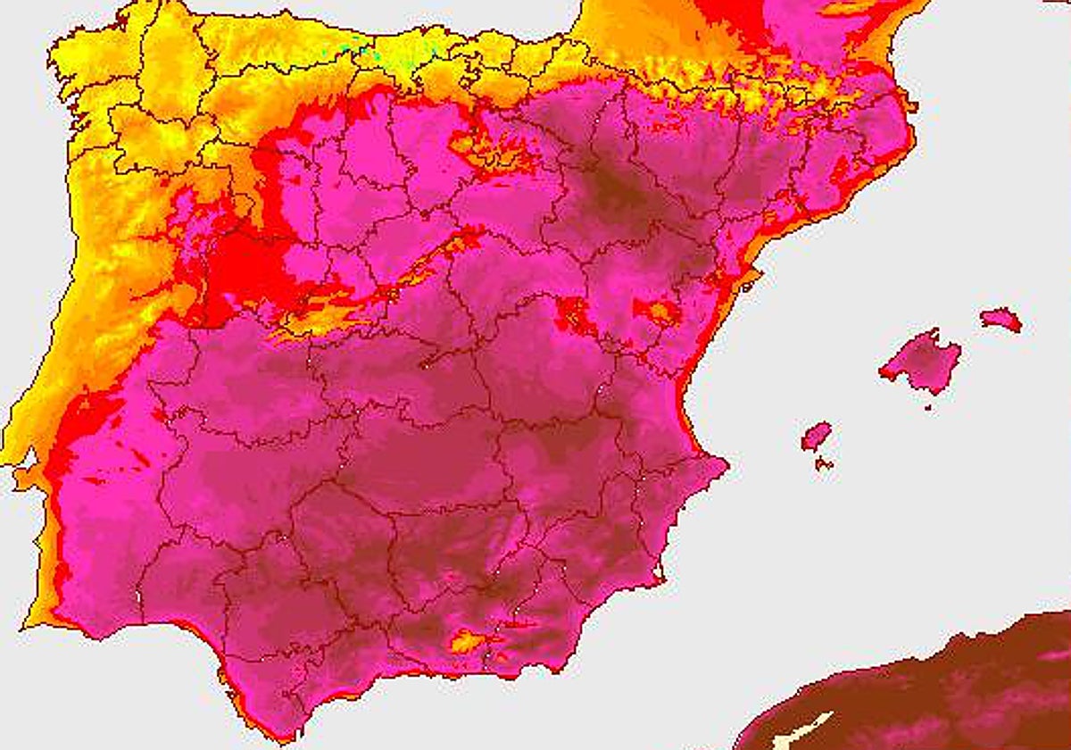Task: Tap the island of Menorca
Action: tap(1000, 319)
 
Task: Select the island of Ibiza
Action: tap(816, 436)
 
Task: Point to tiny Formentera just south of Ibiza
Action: tap(824, 463)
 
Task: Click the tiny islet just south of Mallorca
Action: tap(928, 407)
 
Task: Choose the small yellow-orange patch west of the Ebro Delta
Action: tap(660, 312)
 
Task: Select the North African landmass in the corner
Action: tap(937, 687)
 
